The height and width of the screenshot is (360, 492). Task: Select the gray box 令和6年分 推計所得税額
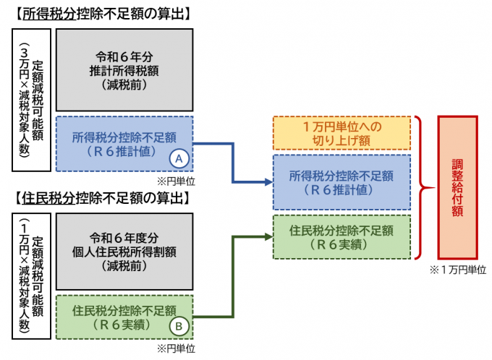click(123, 70)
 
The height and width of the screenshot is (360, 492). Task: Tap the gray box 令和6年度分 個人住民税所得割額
click(123, 252)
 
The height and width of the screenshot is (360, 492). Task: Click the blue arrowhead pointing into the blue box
click(266, 181)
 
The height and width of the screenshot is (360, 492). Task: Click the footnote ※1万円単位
click(456, 270)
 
